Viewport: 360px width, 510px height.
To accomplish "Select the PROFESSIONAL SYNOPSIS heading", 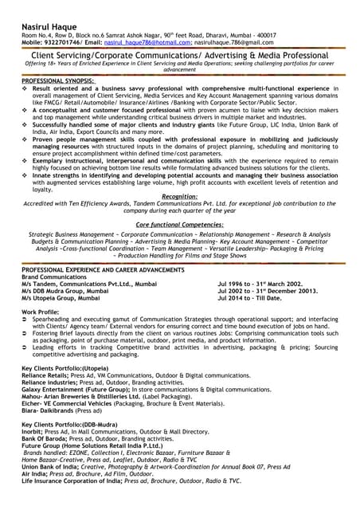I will coord(57,81).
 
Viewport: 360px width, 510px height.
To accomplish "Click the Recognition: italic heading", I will coord(179,196).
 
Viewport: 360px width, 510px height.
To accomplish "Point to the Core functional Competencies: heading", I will coord(179,226).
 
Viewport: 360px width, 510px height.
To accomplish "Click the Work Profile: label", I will coord(41,311).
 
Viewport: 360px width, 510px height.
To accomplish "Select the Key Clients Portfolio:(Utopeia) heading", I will coord(65,368).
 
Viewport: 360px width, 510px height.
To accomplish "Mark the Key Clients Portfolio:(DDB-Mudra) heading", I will coord(71,425).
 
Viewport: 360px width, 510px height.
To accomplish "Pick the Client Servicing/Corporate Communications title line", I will coord(179,57).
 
